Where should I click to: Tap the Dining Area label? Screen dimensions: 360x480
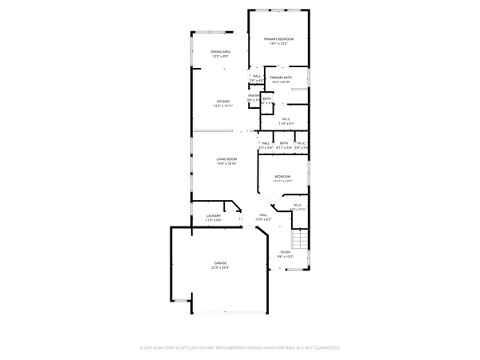click(221, 52)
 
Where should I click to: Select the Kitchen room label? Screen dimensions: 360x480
click(223, 101)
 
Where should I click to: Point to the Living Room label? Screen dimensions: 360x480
click(226, 159)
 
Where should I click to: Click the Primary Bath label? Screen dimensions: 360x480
click(281, 77)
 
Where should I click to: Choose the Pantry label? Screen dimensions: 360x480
click(253, 95)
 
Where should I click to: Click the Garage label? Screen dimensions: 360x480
click(220, 262)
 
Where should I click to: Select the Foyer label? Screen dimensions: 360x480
click(285, 252)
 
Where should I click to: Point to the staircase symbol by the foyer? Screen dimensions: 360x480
click(299, 240)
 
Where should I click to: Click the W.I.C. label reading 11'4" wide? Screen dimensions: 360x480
click(286, 119)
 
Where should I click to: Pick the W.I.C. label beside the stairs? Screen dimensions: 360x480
click(297, 205)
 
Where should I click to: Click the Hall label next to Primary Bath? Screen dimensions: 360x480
click(257, 76)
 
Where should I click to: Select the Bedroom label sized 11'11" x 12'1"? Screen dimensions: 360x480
click(282, 176)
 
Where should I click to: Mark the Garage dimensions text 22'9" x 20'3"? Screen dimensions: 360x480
click(220, 267)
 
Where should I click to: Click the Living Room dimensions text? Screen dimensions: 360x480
click(226, 164)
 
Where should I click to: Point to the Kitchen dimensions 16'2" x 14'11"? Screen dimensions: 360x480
click(223, 106)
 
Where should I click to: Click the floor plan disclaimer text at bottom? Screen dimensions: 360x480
click(240, 348)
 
